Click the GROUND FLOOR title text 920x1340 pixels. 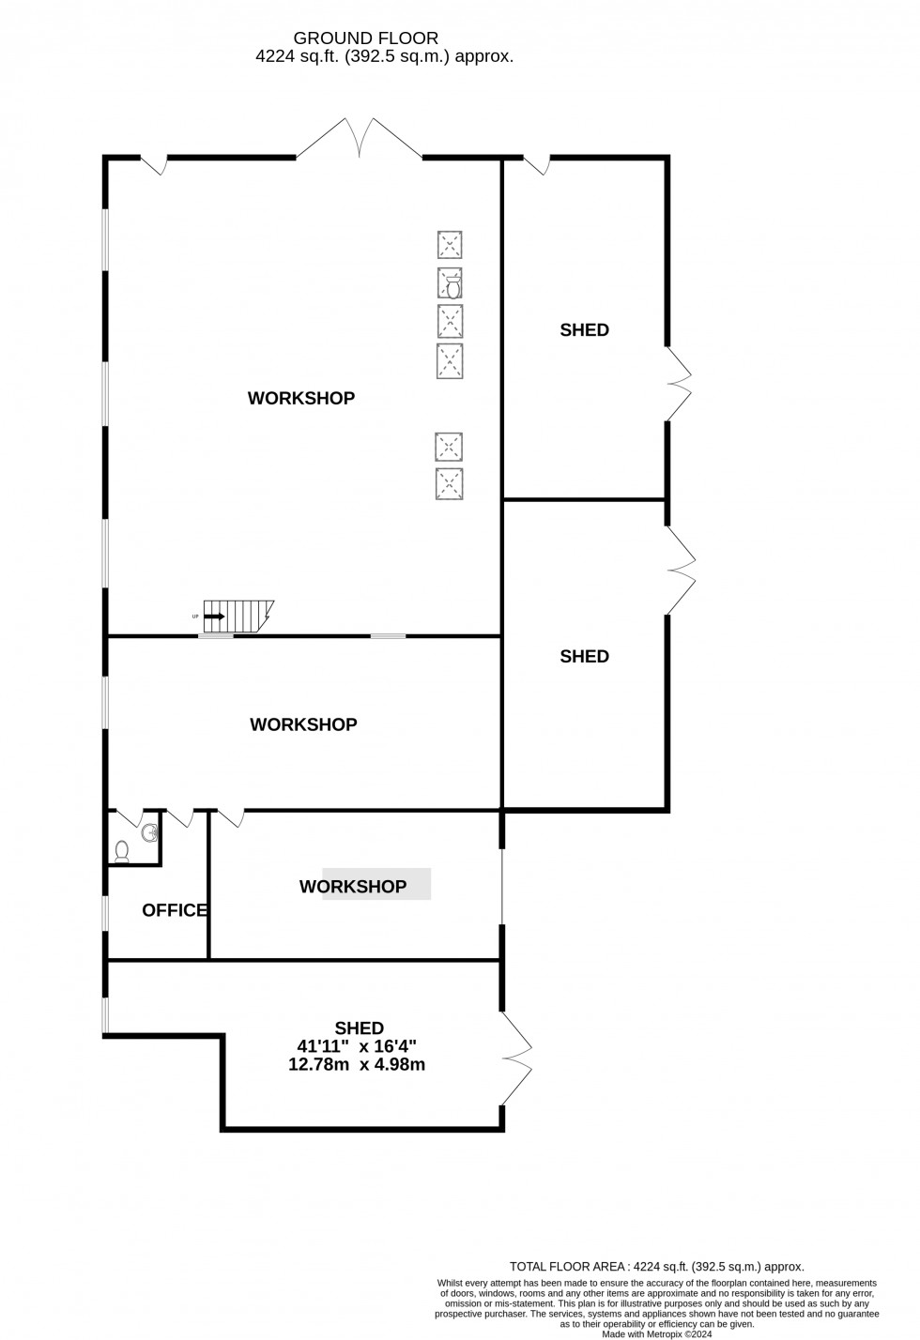point(366,38)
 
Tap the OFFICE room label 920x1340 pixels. point(175,910)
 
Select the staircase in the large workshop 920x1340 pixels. point(238,616)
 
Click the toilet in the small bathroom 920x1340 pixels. point(122,851)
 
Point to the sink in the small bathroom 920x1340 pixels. point(148,830)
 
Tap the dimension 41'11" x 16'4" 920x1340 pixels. point(360,1046)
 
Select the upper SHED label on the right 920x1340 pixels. point(584,330)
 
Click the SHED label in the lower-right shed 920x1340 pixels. point(584,657)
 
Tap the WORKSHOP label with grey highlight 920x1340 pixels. point(353,887)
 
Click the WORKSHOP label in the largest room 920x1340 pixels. point(301,399)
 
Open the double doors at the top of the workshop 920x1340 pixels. point(360,138)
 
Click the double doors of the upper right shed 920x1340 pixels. point(680,384)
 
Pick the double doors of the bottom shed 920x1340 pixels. point(517,1058)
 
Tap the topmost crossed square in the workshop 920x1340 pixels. point(451,245)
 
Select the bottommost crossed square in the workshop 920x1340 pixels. point(450,484)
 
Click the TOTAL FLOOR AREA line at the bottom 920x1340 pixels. point(656,1266)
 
